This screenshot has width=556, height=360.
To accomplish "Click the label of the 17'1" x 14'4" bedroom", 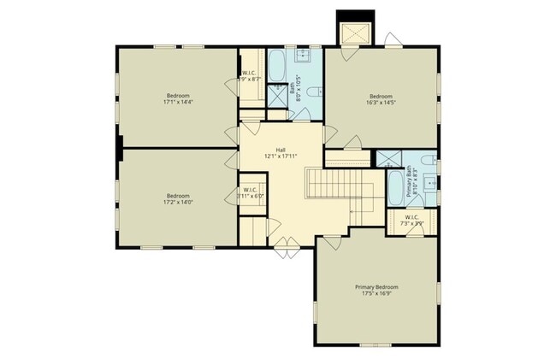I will [x=178, y=98].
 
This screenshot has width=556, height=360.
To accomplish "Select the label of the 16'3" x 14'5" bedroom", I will [x=381, y=98].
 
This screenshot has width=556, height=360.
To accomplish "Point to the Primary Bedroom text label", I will [x=377, y=286].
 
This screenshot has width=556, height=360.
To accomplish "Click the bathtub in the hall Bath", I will [x=279, y=66].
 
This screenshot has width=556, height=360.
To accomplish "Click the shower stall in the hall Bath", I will [x=279, y=95].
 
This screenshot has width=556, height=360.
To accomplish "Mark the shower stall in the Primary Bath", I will [x=390, y=157].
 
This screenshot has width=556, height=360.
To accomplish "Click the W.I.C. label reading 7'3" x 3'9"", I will [x=411, y=221].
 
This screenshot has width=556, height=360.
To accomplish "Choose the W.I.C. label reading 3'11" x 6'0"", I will [x=251, y=193].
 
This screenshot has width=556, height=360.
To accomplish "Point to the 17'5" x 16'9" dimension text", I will [x=377, y=293].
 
